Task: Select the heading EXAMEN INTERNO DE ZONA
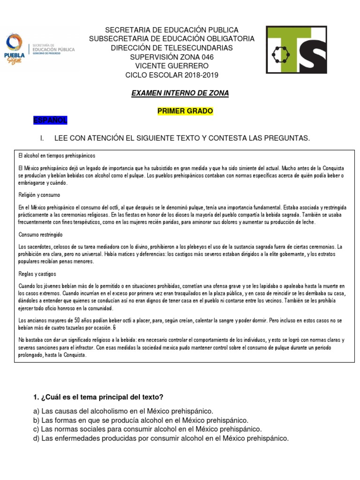pos(180,93)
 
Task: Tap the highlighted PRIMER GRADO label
pos(185,111)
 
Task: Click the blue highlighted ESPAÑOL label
pos(50,121)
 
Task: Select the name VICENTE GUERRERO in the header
pos(172,66)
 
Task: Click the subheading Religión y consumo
pos(39,195)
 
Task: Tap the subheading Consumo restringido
pos(40,234)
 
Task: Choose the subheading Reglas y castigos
pos(37,274)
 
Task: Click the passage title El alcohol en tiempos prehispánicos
pos(57,155)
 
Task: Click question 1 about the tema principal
pos(98,397)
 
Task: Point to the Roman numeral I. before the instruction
pos(43,138)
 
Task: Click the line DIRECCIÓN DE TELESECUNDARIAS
pos(172,48)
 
